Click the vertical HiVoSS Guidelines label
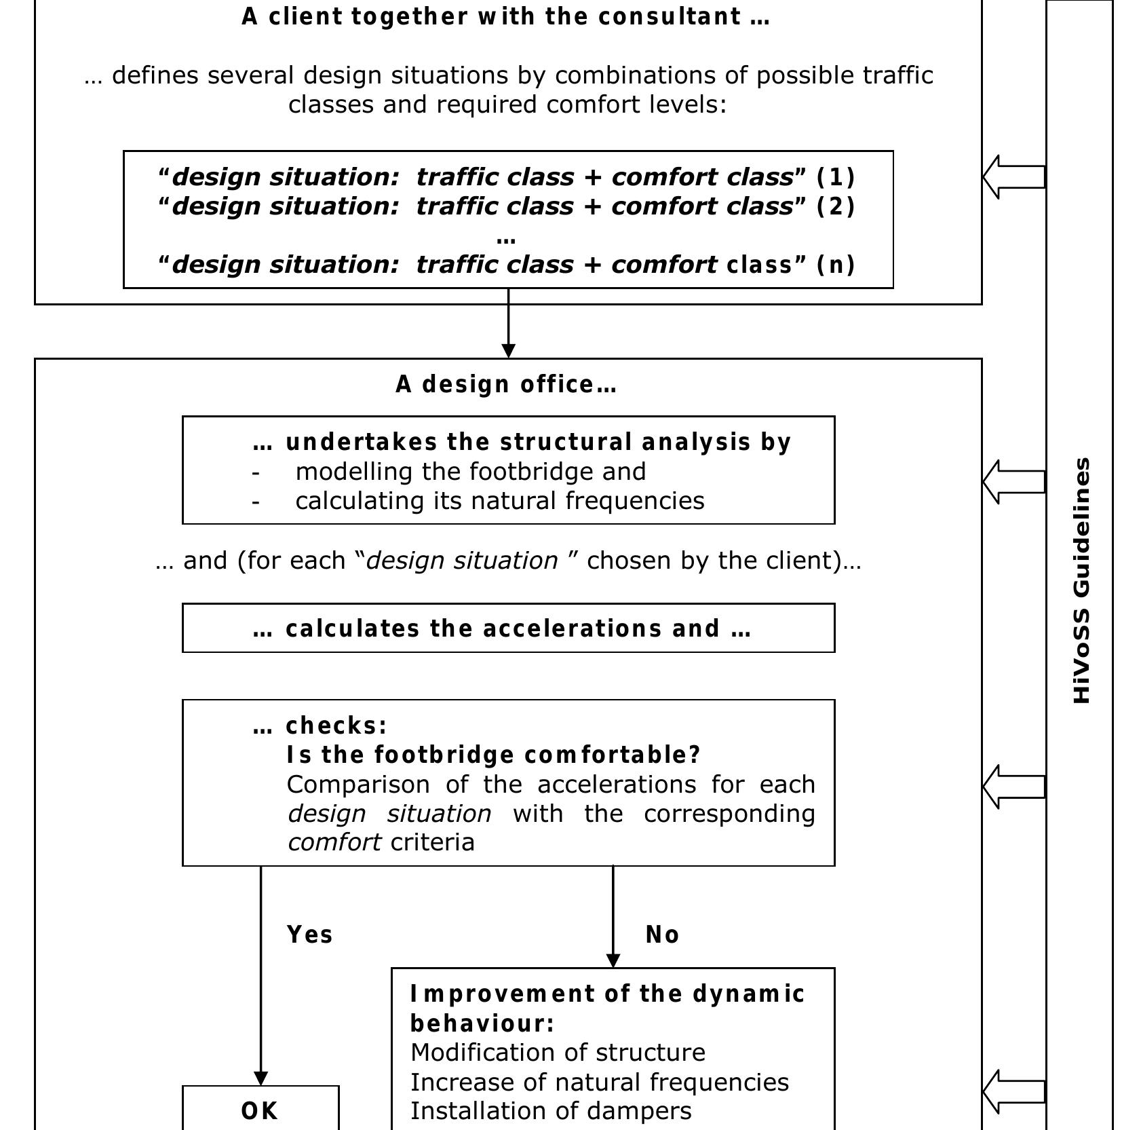1083,580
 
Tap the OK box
260,1110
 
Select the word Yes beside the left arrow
310,935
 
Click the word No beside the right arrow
662,935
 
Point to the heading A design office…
506,384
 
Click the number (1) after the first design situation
835,176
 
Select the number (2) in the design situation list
835,206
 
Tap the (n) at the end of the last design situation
835,264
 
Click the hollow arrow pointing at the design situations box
1013,176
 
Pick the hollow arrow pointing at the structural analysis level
1013,481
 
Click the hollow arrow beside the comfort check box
1013,787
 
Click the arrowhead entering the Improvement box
613,960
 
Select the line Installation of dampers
551,1111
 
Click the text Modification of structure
558,1053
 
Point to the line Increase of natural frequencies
600,1082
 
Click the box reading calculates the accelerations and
508,628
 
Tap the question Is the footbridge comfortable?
493,755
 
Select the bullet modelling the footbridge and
470,471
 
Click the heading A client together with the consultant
506,16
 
